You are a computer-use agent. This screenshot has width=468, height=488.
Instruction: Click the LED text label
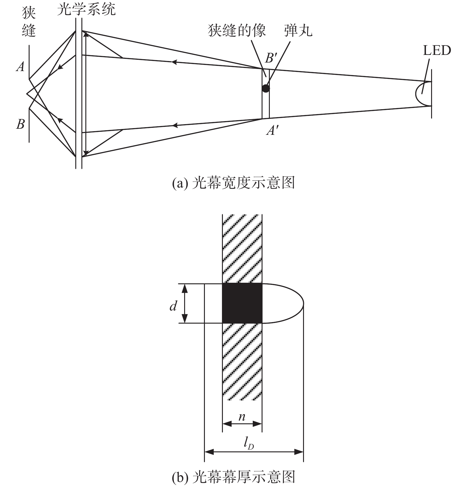tap(437, 51)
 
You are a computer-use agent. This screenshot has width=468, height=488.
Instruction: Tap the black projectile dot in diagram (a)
tap(266, 89)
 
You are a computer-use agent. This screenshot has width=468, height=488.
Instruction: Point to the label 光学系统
tap(86, 10)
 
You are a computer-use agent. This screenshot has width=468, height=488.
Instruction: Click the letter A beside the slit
tap(20, 67)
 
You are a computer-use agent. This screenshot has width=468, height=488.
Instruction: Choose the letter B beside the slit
tap(20, 124)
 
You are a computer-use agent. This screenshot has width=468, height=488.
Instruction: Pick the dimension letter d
tap(173, 306)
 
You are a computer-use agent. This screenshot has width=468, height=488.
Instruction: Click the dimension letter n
tap(242, 417)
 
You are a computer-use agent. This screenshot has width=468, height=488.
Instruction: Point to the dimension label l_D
tap(249, 445)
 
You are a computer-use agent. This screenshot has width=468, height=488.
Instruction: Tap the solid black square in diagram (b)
tap(242, 303)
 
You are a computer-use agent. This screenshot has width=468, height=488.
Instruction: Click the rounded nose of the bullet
tap(293, 303)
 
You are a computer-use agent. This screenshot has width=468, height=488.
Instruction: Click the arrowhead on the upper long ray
tap(174, 62)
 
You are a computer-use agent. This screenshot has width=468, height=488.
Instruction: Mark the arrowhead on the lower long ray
tap(175, 125)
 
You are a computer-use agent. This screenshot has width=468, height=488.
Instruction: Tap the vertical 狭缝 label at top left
tap(29, 22)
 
